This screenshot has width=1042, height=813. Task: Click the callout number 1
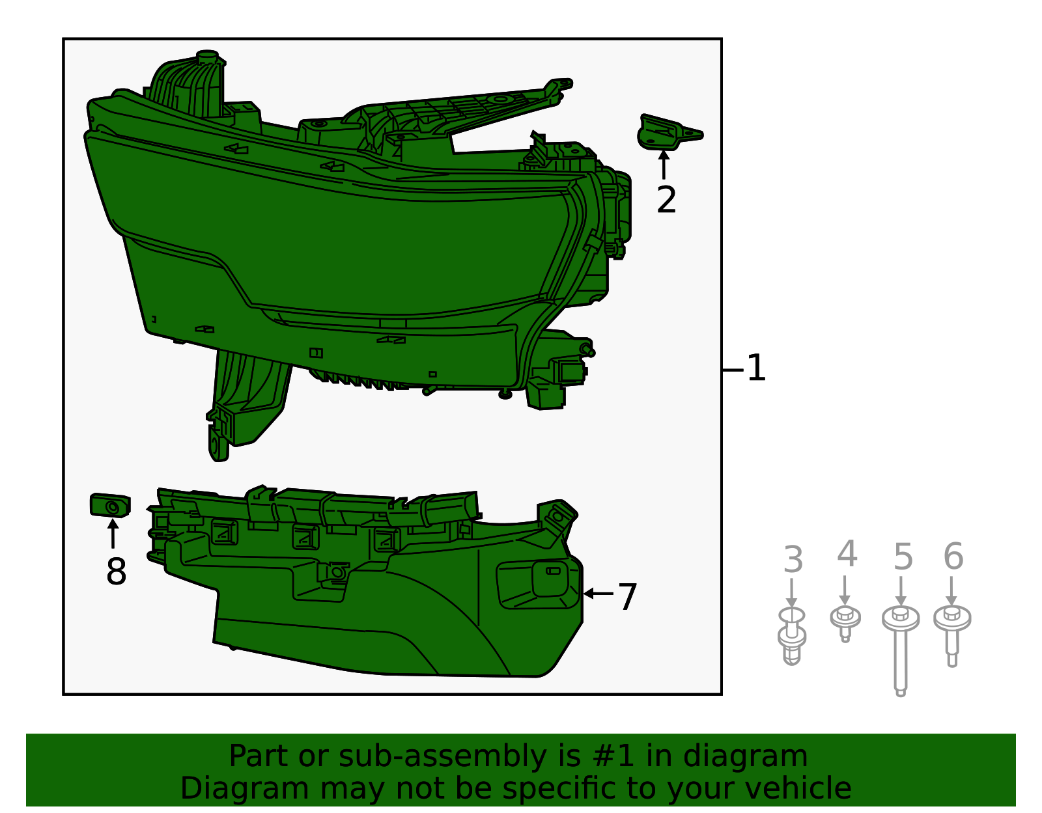(755, 368)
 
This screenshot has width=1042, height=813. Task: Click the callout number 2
(666, 200)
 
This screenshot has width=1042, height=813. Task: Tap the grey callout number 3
(793, 560)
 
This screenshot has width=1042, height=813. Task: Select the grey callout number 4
(846, 555)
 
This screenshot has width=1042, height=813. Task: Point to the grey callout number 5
(903, 557)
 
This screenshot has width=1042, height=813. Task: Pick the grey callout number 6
(953, 557)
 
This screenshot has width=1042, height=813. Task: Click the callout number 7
(627, 596)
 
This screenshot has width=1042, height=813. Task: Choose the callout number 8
(116, 572)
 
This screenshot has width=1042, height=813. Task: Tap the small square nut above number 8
(110, 506)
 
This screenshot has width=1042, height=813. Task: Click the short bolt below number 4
(845, 621)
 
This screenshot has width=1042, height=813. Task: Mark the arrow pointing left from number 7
(598, 594)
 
